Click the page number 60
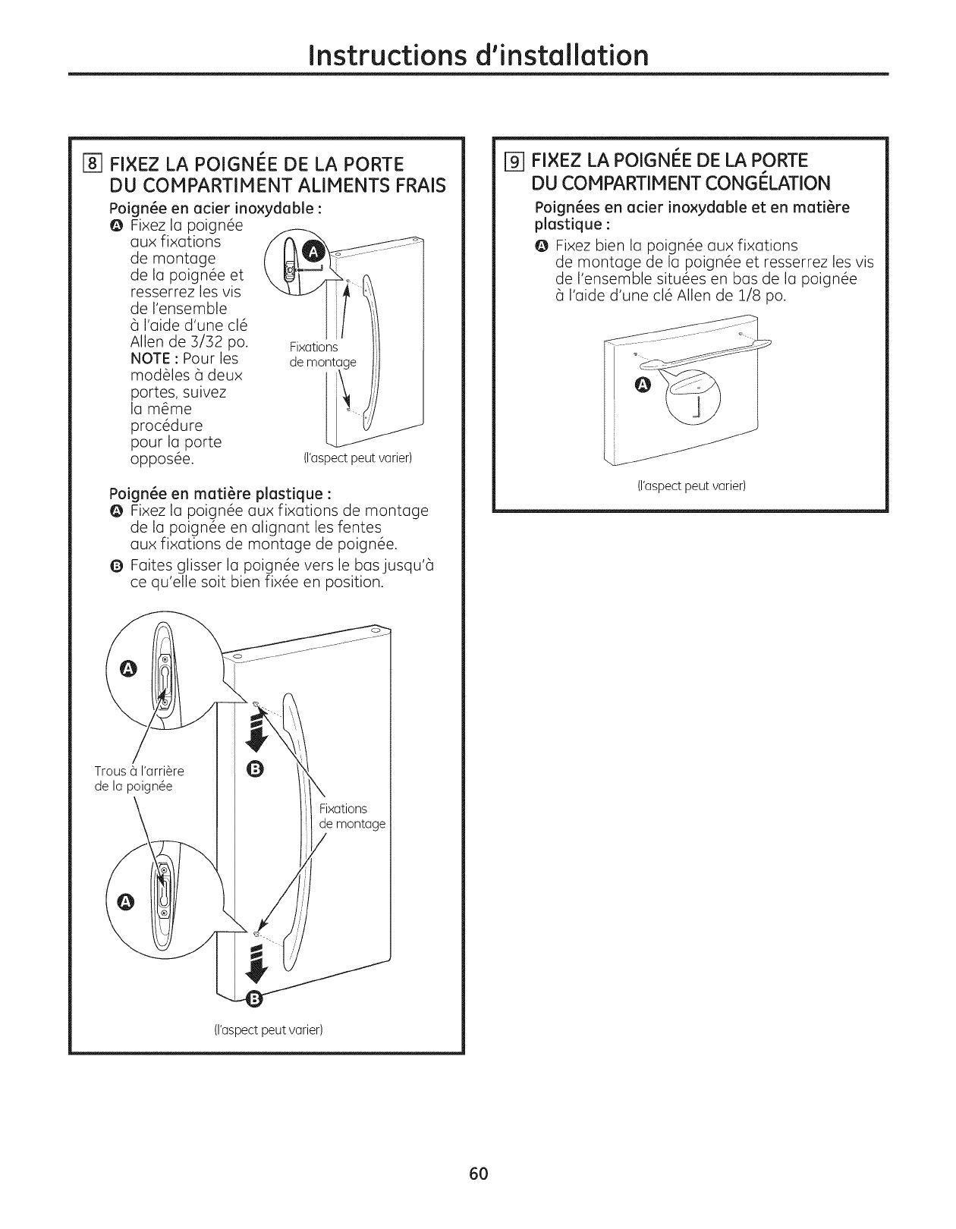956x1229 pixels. click(477, 1174)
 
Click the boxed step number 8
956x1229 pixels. click(93, 164)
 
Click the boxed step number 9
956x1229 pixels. click(516, 161)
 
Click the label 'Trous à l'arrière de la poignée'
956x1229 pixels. click(139, 779)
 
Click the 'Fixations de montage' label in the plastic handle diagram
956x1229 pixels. click(351, 816)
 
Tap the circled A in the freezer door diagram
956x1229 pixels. click(642, 386)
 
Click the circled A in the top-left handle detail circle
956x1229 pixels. click(129, 668)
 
